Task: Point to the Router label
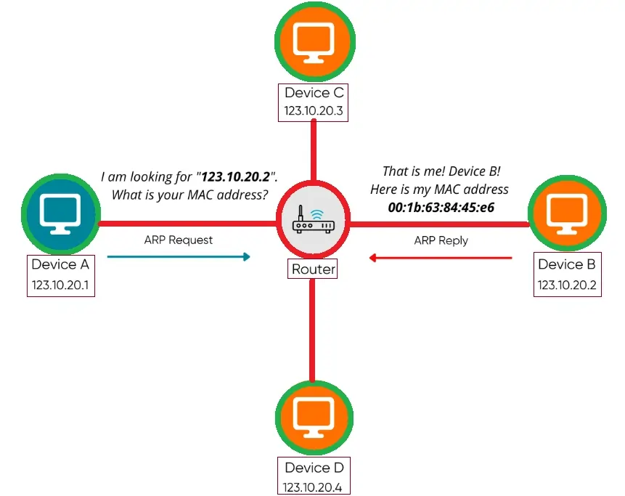point(314,269)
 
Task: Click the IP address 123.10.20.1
point(60,285)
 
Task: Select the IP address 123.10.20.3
point(314,112)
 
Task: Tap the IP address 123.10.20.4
point(314,486)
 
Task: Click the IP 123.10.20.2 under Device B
point(567,285)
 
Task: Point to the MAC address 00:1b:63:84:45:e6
point(441,207)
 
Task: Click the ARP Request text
point(179,240)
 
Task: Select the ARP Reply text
point(441,240)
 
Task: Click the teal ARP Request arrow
point(179,256)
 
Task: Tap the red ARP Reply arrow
point(441,257)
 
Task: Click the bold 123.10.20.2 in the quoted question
point(235,176)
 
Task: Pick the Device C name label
point(314,93)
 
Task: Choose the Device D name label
point(314,468)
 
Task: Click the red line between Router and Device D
point(313,330)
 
